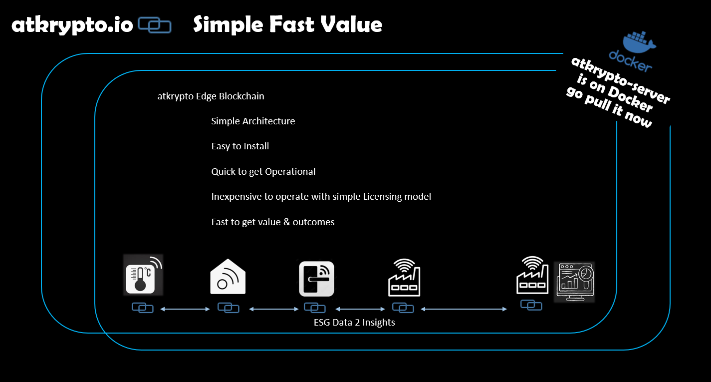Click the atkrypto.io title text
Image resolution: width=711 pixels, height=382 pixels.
[x=72, y=25]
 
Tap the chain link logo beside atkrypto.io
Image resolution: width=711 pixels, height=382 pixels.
[x=155, y=25]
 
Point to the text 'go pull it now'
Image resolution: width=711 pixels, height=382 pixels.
[x=609, y=107]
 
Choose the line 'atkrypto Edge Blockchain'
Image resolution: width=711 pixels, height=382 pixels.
[x=211, y=96]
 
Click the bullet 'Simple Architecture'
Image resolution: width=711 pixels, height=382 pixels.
[x=253, y=121]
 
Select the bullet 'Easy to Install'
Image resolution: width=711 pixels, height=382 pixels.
[x=240, y=146]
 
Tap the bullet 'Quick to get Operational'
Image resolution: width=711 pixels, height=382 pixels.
[x=263, y=171]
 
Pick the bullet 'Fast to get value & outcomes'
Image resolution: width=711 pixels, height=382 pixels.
[x=272, y=222]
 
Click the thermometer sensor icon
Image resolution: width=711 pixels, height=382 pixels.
[x=143, y=275]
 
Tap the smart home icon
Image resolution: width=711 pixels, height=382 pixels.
[x=228, y=277]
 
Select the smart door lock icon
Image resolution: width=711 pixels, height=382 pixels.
[x=316, y=279]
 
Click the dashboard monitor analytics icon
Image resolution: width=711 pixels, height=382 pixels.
[x=574, y=282]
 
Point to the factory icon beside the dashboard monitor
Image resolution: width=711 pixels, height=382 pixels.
[x=532, y=275]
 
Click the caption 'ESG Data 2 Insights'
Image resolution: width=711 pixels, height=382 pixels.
[x=354, y=322]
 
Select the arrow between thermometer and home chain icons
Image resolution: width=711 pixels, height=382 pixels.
[x=185, y=309]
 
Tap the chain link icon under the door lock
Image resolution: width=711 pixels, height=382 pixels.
[x=314, y=308]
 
